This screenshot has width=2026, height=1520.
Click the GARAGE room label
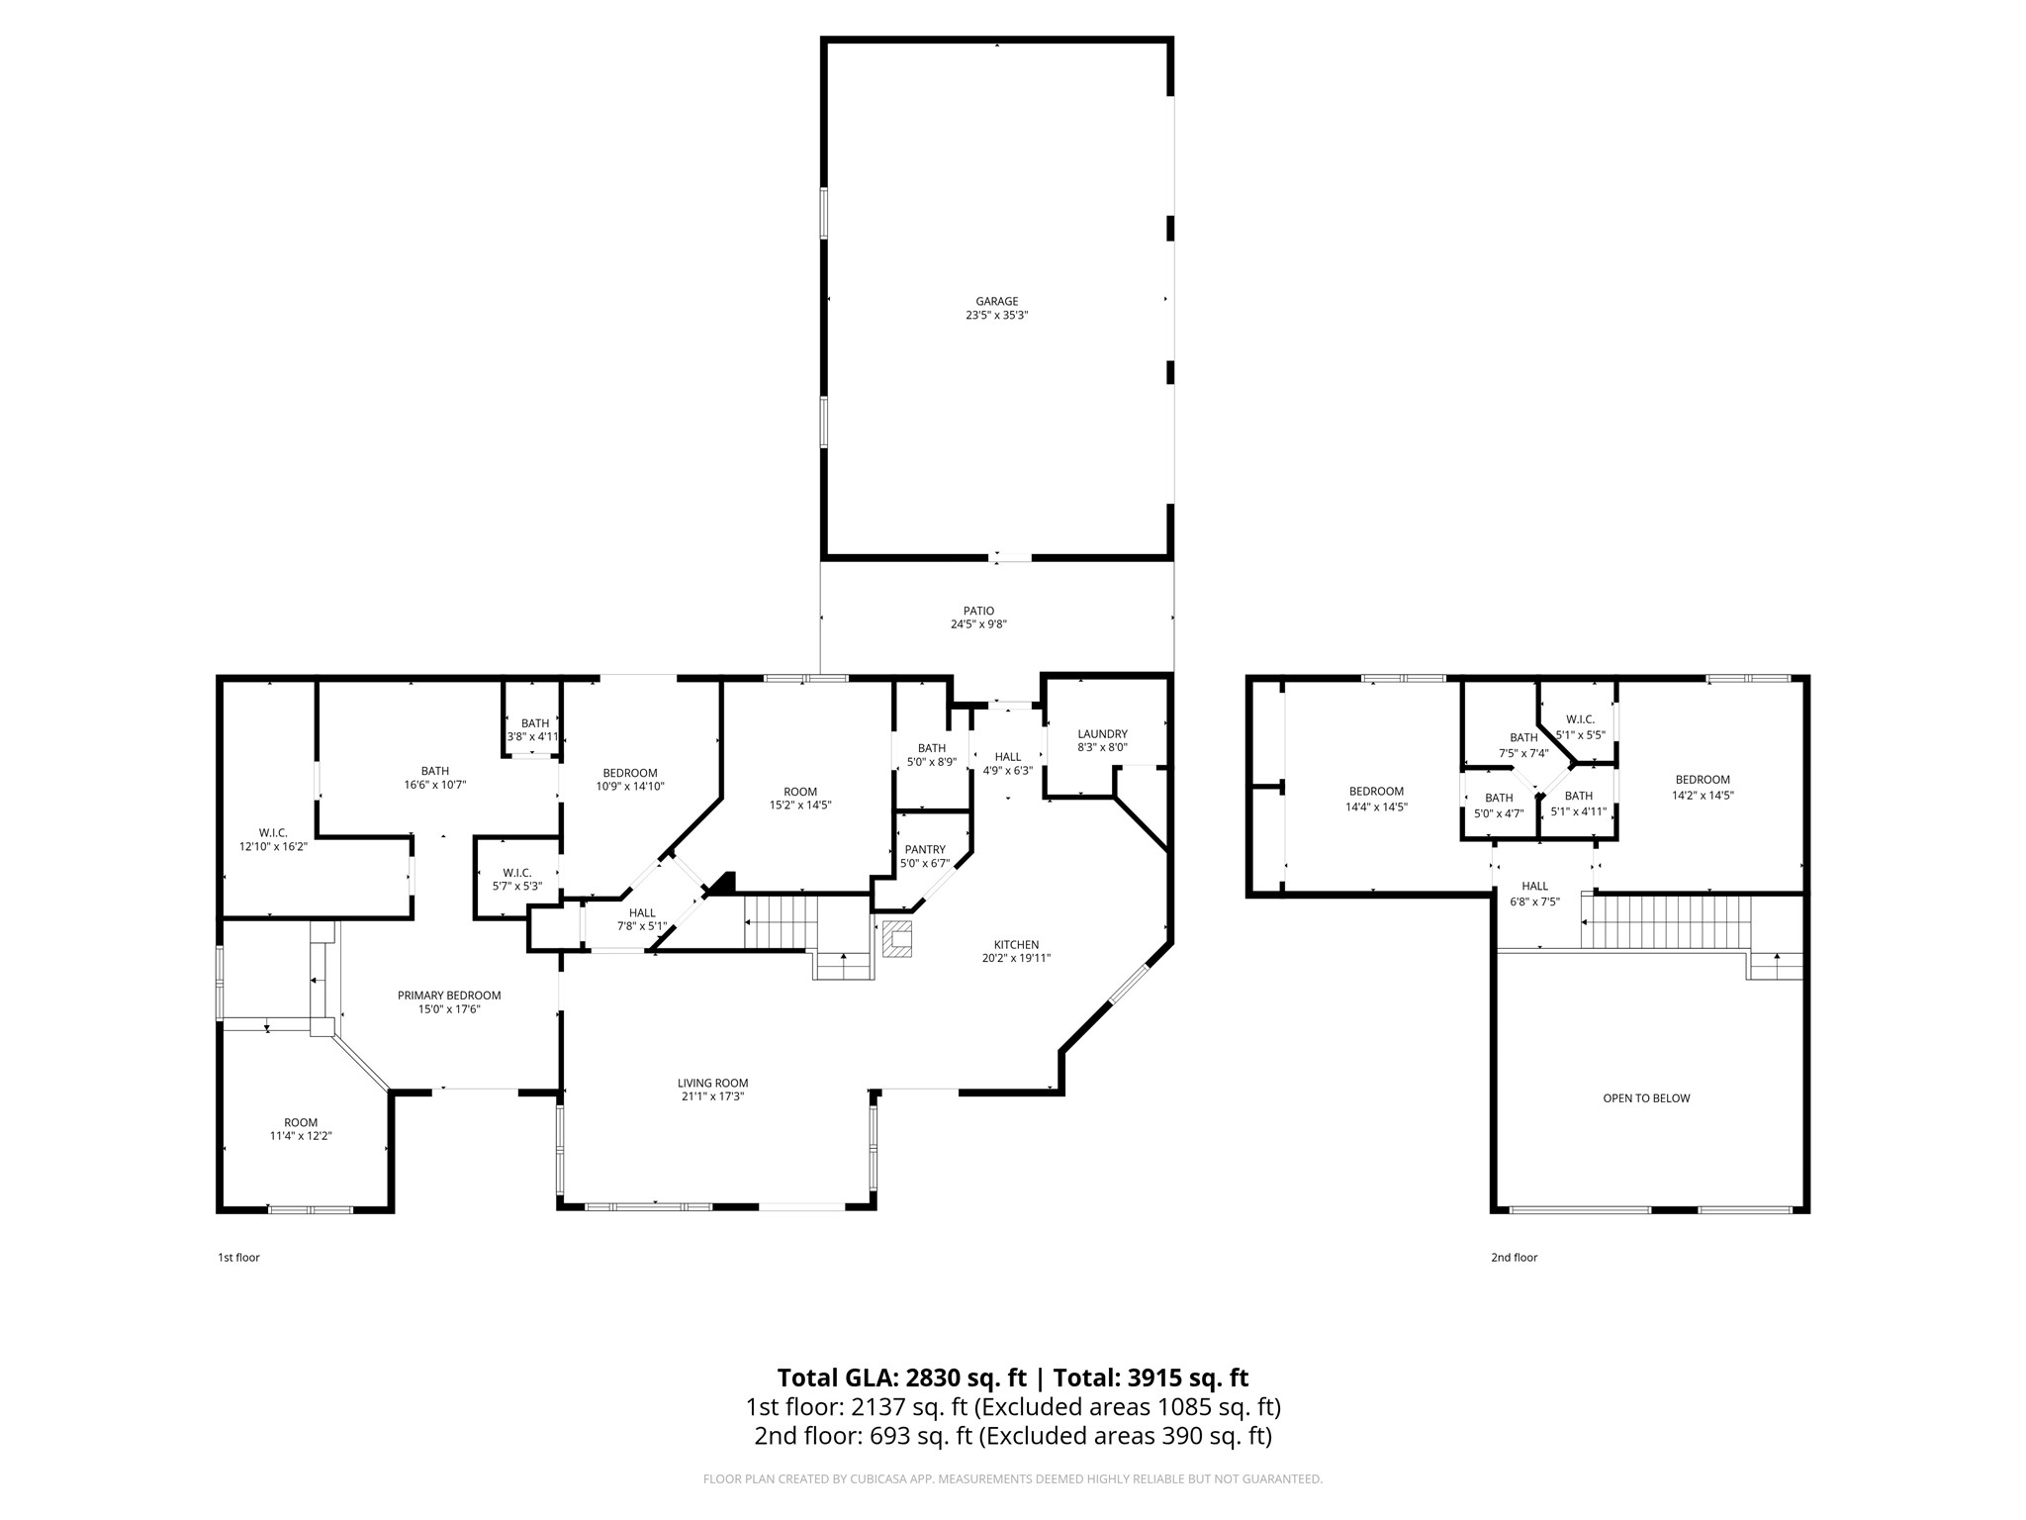pos(996,302)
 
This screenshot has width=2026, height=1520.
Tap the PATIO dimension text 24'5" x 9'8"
pos(978,624)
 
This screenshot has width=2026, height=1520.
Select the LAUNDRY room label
pos(1102,734)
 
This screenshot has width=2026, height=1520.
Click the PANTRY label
pos(925,849)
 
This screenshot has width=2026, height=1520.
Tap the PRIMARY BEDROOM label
pos(449,996)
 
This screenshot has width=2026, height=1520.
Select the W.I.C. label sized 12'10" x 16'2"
pos(273,833)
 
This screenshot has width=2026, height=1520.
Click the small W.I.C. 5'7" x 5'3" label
pos(516,873)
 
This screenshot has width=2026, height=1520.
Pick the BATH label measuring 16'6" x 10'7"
pos(435,771)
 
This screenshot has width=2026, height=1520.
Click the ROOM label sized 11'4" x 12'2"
pos(301,1122)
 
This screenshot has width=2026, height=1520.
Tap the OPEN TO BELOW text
pos(1646,1098)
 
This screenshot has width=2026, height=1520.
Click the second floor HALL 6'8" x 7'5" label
pos(1535,887)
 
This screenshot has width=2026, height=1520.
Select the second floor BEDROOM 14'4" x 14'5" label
pos(1376,792)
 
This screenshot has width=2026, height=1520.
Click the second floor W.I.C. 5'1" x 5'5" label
pos(1580,720)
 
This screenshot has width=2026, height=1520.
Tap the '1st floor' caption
pos(238,1258)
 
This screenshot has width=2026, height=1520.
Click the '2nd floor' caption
pos(1514,1258)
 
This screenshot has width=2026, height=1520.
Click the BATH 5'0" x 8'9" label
pos(931,748)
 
